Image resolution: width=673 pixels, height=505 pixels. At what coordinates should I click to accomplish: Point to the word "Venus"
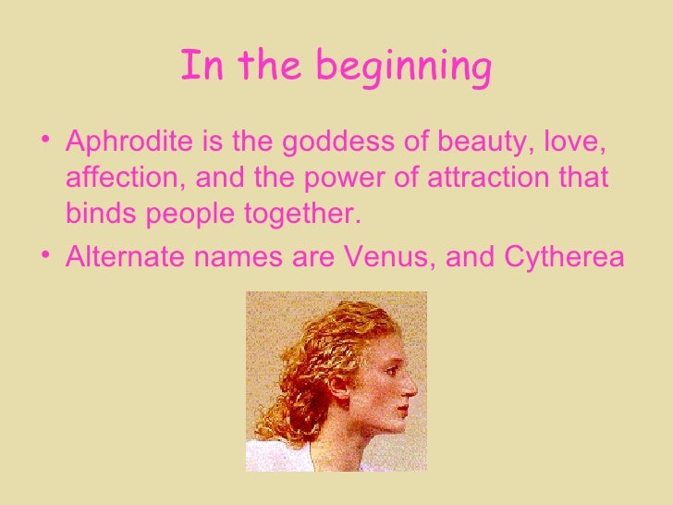tap(388, 255)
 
